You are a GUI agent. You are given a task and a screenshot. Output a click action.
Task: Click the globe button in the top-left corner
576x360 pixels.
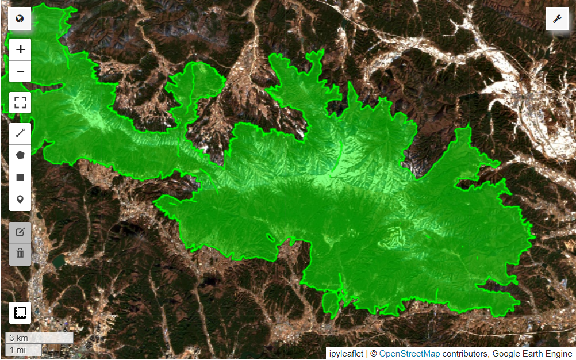[20, 19]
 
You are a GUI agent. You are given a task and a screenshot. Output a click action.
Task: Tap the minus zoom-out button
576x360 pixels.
[20, 71]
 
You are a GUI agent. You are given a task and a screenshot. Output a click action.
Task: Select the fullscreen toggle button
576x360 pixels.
[20, 104]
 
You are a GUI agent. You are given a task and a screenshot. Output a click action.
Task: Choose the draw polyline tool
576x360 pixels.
[20, 134]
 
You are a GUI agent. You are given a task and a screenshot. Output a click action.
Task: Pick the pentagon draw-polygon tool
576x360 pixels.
[20, 155]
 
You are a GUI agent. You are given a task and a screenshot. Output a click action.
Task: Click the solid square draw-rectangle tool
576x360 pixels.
[20, 177]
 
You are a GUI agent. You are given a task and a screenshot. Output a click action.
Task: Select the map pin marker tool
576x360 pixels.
[20, 200]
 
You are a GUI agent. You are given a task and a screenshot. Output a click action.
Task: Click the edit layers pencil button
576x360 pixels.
[20, 232]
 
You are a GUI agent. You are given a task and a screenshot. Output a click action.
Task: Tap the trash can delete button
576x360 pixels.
[20, 254]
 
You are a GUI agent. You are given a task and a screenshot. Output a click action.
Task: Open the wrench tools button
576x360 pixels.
[556, 19]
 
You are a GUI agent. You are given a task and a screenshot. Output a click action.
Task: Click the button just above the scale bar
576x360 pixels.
[20, 312]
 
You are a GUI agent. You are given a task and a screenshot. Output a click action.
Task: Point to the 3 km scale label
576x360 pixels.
[19, 338]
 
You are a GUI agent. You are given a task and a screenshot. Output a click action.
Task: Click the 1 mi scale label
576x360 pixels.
[17, 350]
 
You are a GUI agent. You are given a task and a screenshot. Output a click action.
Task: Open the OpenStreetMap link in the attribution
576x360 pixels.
[409, 354]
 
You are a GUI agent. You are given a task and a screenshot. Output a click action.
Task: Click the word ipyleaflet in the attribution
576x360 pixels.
[346, 354]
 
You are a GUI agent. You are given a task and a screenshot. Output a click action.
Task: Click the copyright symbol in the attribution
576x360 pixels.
[373, 354]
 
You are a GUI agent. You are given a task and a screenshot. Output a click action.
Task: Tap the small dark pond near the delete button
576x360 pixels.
[58, 262]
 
